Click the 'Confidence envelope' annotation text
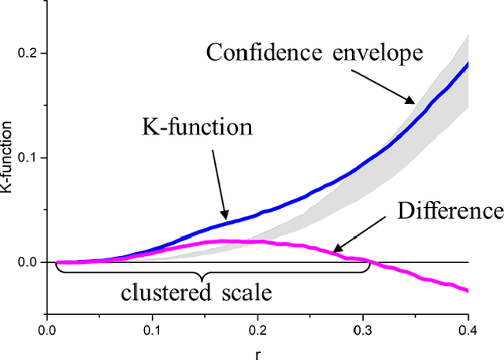click(x=315, y=54)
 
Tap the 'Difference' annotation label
click(x=450, y=210)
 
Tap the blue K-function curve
click(x=315, y=180)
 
